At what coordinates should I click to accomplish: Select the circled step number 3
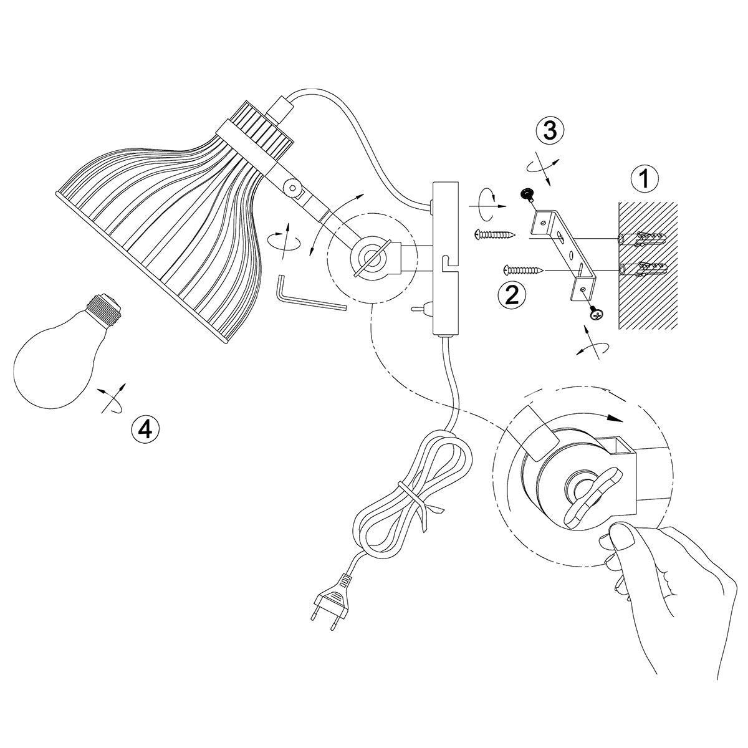point(550,130)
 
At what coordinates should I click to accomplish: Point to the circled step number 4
point(146,429)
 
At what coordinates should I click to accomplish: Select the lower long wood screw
point(523,269)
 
